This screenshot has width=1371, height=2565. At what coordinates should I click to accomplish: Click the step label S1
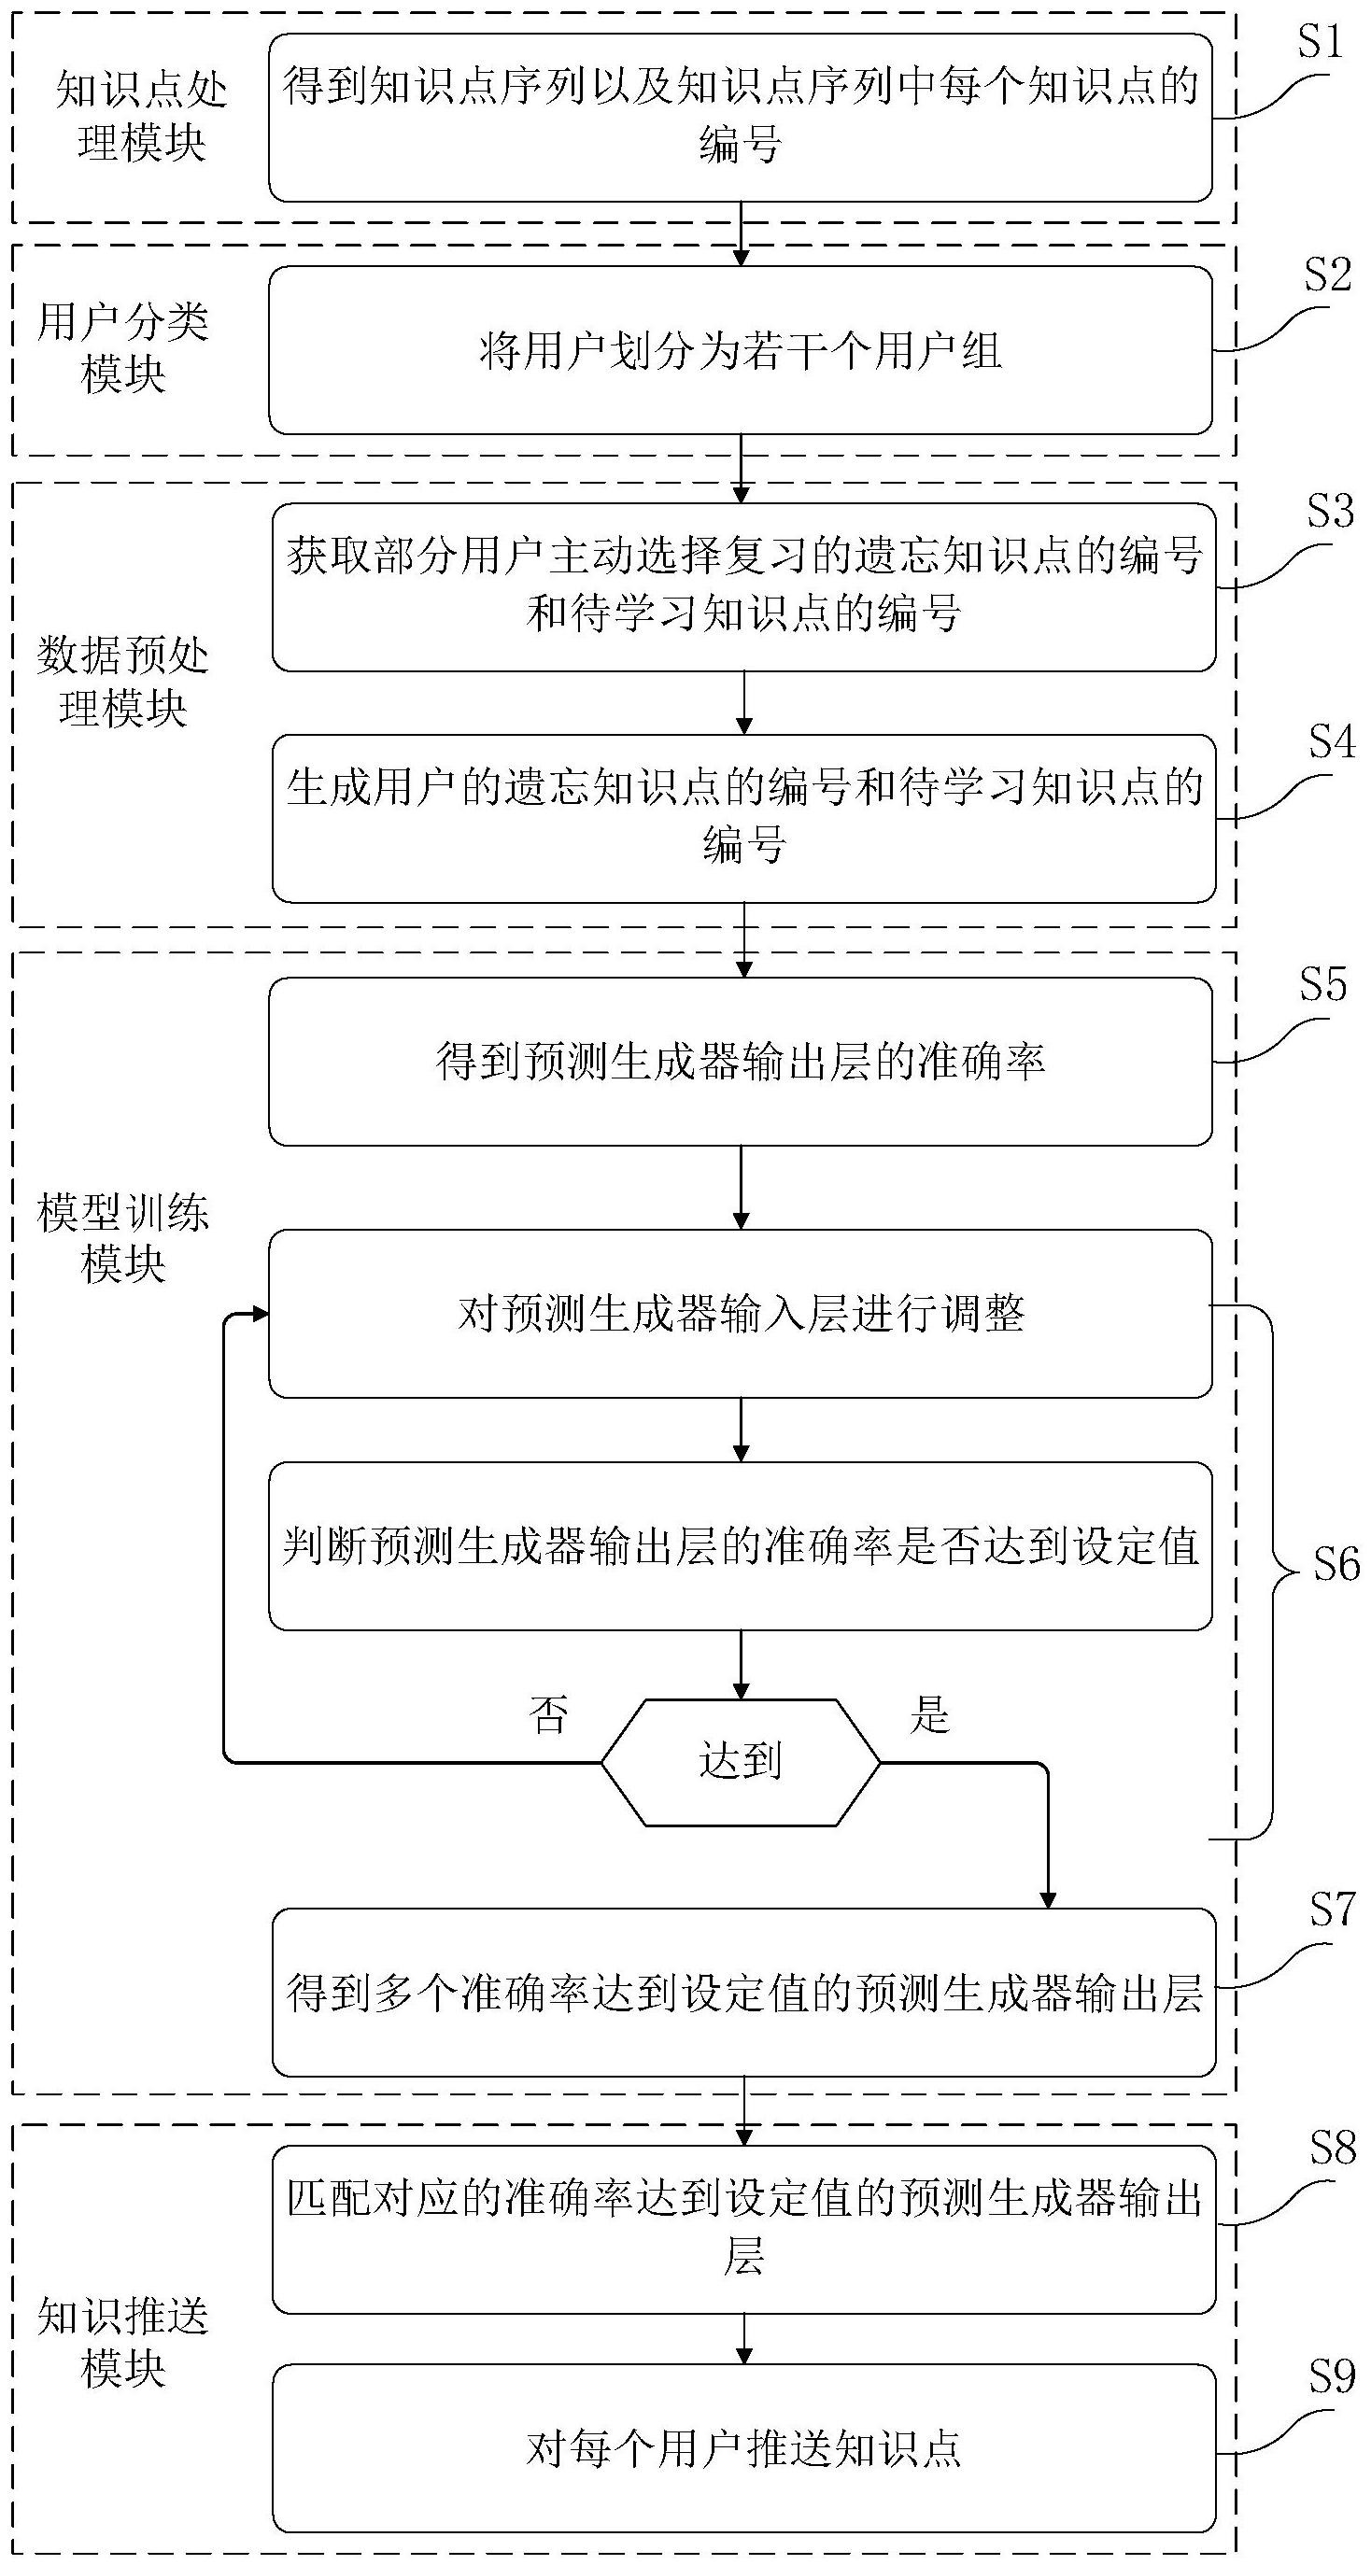(1321, 42)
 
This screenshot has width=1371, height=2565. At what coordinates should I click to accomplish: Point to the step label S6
(1336, 1565)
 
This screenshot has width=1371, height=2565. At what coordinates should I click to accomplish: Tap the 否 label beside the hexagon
(548, 1715)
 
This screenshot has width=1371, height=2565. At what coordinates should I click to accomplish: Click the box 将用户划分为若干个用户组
(740, 350)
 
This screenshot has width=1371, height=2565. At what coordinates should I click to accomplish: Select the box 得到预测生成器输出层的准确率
(740, 1062)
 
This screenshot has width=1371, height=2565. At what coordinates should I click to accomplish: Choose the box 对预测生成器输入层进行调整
(740, 1314)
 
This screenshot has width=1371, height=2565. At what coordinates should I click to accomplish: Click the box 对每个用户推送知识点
(743, 2448)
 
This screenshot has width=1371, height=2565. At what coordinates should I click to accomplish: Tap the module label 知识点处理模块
(141, 117)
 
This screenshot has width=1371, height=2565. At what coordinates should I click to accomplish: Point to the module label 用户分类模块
(122, 348)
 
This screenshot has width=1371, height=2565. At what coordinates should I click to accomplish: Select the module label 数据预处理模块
(122, 682)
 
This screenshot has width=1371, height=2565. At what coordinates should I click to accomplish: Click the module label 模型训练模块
(122, 1239)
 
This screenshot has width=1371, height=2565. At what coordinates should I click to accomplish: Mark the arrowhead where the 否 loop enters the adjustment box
(261, 1315)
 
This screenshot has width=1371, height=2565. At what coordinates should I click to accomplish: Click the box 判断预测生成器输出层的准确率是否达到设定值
(740, 1546)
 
